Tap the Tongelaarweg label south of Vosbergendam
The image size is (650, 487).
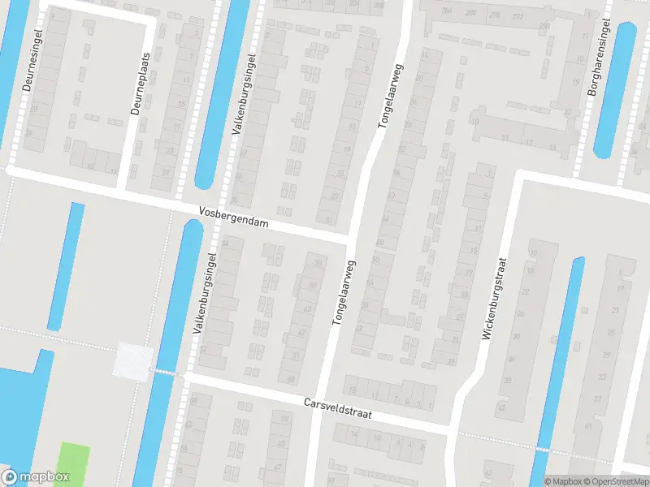coord(344,292)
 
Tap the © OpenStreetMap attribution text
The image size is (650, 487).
coord(615,481)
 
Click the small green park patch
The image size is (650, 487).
coord(74,463)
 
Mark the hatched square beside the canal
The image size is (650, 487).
coord(134,360)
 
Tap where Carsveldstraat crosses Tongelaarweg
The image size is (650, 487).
coord(318,402)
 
